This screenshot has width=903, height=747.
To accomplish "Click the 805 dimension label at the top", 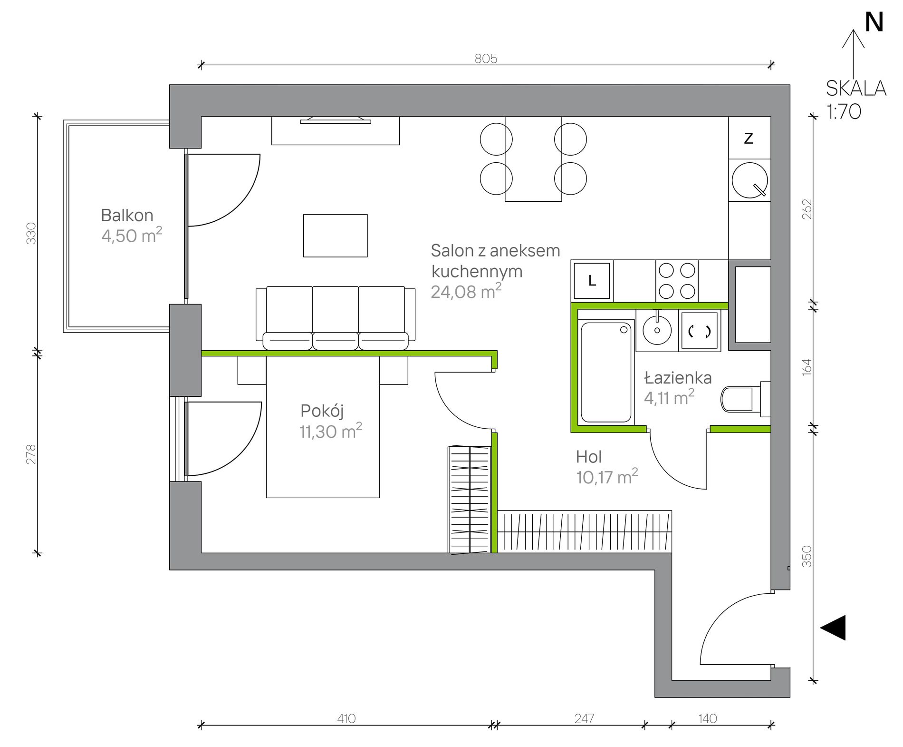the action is tap(486, 59).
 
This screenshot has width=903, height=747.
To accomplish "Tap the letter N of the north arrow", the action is tap(874, 22).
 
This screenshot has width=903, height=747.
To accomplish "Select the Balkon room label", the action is tap(127, 216).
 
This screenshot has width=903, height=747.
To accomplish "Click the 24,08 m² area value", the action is tap(466, 291).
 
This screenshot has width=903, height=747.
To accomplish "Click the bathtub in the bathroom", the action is tap(606, 373).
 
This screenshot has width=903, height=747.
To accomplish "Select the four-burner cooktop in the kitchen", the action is tap(677, 281).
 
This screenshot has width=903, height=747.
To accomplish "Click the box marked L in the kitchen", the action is tap(592, 281).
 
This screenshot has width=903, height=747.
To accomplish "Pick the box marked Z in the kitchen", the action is tap(749, 138).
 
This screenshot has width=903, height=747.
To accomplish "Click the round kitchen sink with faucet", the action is tap(749, 180).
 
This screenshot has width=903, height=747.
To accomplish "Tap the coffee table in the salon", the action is tap(335, 236).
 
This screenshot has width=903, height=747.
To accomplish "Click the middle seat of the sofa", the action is tap(336, 318).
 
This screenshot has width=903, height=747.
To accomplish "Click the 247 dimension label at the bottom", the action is tap(584, 718).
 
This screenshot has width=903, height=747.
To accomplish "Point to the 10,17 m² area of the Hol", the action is tap(607, 477).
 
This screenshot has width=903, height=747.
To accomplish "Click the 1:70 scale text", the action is tap(844, 112).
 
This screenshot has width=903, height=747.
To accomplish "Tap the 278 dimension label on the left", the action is tap(31, 454).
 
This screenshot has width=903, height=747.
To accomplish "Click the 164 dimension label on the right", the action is tap(807, 367).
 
